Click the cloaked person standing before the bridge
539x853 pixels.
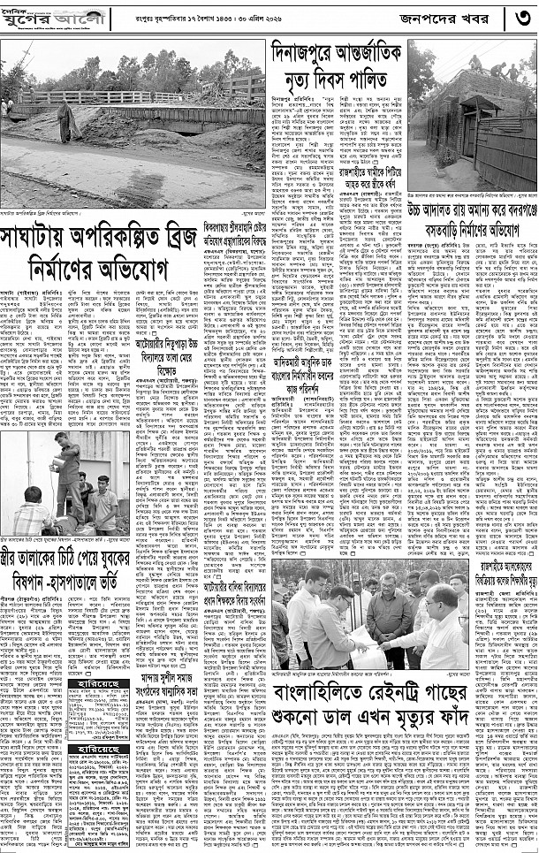click(x=66, y=118)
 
